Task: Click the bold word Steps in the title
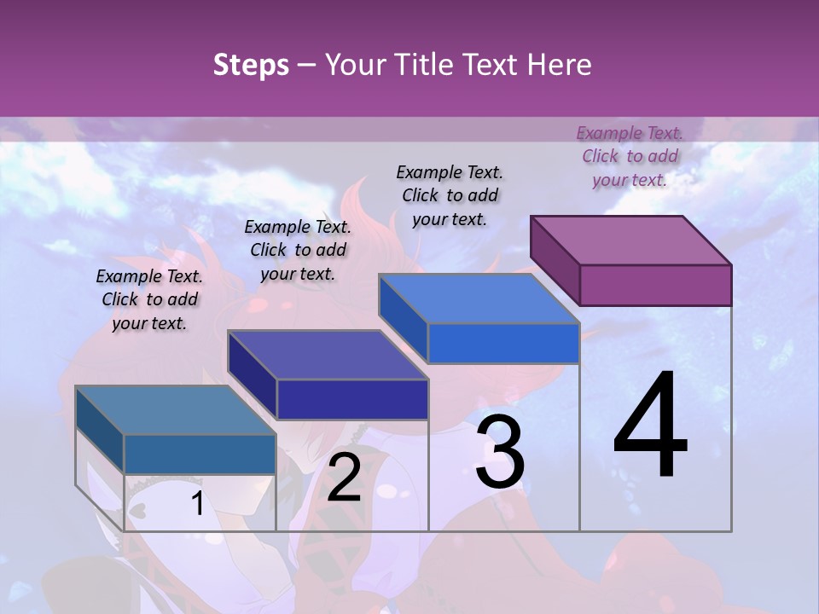click(251, 65)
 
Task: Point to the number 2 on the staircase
click(344, 478)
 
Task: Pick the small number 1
click(197, 504)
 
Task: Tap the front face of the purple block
click(655, 285)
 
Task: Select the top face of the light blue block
click(479, 299)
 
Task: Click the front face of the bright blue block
click(503, 344)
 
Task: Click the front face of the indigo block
click(351, 399)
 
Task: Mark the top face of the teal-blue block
click(176, 410)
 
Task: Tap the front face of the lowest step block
click(200, 455)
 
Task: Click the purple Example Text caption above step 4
click(630, 156)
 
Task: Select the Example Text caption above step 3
click(450, 195)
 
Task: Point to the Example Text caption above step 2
click(298, 250)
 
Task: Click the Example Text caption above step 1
click(149, 299)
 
